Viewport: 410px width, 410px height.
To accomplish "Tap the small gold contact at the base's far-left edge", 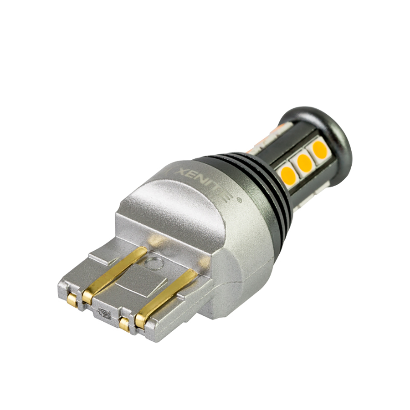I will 72,299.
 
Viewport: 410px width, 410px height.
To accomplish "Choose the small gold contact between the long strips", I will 124,324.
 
